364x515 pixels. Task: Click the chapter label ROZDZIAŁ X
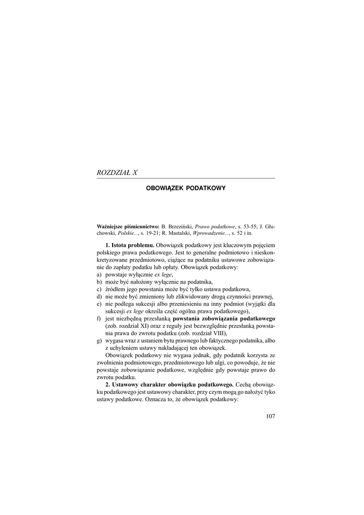(x=117, y=173)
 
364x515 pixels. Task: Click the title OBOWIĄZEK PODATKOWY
(x=186, y=188)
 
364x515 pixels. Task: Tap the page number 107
(x=269, y=416)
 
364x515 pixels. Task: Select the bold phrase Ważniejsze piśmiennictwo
(x=128, y=227)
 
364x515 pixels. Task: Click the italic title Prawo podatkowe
(x=213, y=227)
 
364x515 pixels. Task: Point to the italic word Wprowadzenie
(x=207, y=234)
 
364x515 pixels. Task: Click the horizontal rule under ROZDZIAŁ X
(x=186, y=178)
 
